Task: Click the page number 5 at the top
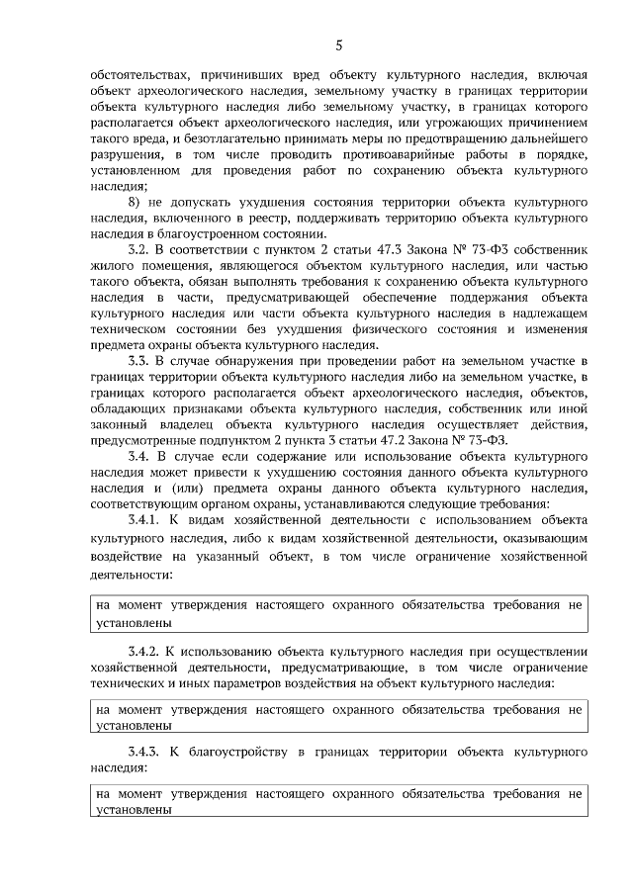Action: tap(338, 45)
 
